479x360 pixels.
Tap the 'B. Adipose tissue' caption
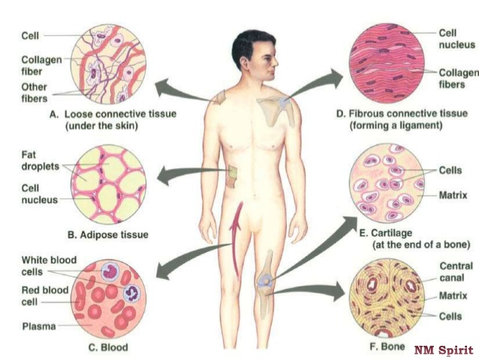tap(108, 235)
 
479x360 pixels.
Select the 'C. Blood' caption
tap(108, 347)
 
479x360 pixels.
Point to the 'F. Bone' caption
tap(387, 346)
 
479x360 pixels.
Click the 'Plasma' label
tap(39, 326)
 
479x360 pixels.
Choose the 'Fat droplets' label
tap(40, 161)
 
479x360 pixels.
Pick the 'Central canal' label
tap(456, 272)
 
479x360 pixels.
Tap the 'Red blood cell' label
tap(45, 296)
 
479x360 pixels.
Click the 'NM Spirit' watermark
tap(444, 350)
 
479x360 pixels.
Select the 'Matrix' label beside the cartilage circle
tap(453, 195)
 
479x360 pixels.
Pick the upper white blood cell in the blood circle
tap(110, 271)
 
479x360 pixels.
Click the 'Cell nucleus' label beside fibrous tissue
tap(456, 39)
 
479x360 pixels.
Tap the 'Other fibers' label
tap(35, 92)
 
